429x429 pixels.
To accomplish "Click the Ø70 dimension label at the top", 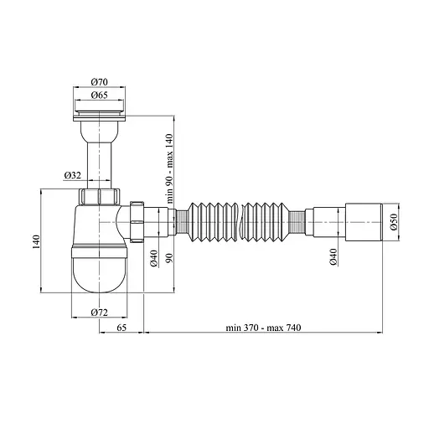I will [x=100, y=82].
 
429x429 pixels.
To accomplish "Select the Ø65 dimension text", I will [x=100, y=96].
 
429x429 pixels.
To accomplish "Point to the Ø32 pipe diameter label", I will [x=73, y=176].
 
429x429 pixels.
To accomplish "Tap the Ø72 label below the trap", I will [x=100, y=312].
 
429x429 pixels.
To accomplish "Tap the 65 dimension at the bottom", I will [x=122, y=327].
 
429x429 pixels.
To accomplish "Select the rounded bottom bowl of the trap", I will [x=100, y=272].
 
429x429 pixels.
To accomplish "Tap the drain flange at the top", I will [x=100, y=110].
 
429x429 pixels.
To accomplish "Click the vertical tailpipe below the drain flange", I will [x=100, y=159].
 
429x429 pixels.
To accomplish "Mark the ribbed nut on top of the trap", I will [x=100, y=197].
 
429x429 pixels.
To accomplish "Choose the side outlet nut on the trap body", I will [x=137, y=221].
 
